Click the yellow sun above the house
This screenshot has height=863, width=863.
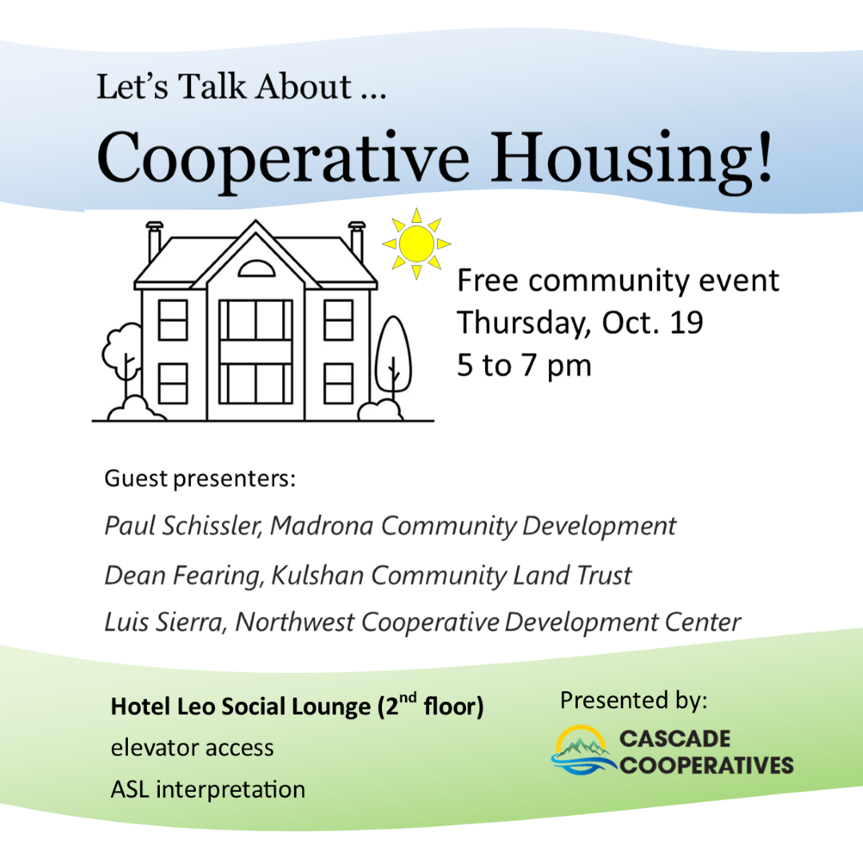[416, 243]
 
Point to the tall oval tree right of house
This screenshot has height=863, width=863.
[393, 354]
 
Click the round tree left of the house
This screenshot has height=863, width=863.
[122, 352]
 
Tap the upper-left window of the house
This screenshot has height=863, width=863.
[173, 320]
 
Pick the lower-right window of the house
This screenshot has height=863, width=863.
[339, 384]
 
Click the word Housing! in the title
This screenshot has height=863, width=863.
[632, 161]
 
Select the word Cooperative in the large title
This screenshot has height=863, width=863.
[283, 161]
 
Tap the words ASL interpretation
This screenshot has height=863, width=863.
[208, 789]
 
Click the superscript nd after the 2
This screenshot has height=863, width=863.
[408, 698]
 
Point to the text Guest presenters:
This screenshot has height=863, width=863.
[201, 479]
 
